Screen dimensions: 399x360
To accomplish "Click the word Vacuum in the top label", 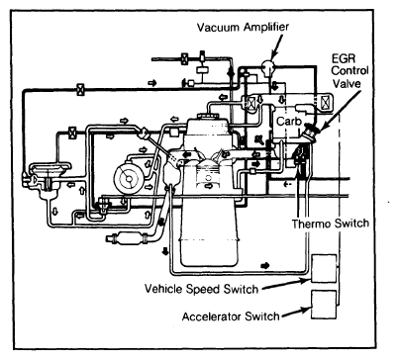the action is [x=219, y=27].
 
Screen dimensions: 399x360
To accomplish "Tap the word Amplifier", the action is [x=266, y=28].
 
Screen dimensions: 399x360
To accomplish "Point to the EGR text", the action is [x=344, y=59].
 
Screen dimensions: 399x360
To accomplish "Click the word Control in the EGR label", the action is [x=349, y=71].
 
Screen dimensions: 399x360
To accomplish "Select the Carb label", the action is [x=289, y=122].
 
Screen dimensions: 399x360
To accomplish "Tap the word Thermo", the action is [x=311, y=224].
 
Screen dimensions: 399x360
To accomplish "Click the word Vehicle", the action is [x=163, y=289].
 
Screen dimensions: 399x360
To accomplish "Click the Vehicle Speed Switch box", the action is [x=324, y=268].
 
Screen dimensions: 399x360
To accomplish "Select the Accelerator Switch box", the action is [x=324, y=305].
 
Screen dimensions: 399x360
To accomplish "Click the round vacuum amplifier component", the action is [x=268, y=67].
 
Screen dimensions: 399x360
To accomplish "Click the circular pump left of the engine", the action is [x=129, y=178].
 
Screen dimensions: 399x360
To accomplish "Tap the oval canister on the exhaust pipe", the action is [x=129, y=238].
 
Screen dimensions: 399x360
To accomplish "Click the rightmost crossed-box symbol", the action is [x=325, y=102].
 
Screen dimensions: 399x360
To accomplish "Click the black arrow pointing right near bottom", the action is [x=265, y=266].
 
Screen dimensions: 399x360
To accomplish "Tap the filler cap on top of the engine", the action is [x=208, y=117].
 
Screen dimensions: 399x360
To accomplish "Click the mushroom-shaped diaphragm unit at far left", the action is [x=48, y=179].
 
